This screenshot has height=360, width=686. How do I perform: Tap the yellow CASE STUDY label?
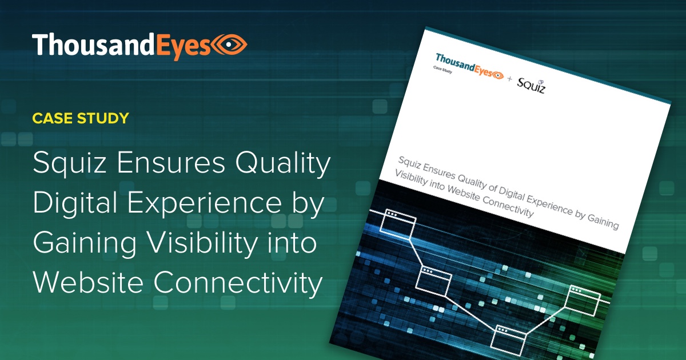[x=81, y=119]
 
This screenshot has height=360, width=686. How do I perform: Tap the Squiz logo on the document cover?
[x=531, y=85]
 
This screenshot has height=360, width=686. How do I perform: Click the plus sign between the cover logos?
[x=510, y=78]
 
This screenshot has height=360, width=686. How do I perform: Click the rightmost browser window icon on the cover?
[x=583, y=301]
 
